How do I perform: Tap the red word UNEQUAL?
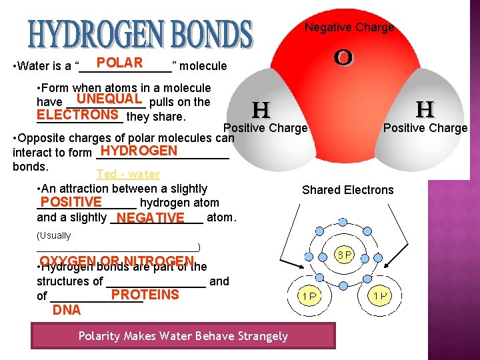tap(109, 99)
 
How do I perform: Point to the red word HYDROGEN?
tap(139, 151)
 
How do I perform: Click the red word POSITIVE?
tap(71, 202)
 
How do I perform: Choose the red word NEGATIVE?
tap(150, 218)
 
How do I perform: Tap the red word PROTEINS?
tap(145, 295)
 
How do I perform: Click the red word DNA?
tap(67, 310)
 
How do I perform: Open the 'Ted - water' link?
tap(128, 174)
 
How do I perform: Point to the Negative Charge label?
tap(349, 27)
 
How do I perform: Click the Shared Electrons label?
tap(348, 190)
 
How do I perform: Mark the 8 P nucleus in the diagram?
tap(344, 255)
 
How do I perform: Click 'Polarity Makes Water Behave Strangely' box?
tap(183, 336)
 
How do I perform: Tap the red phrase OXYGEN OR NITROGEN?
tap(117, 261)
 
